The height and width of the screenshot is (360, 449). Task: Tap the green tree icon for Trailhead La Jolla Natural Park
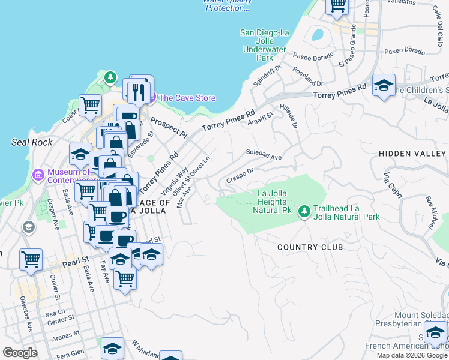[304, 211]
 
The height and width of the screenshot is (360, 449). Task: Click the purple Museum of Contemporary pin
[38, 175]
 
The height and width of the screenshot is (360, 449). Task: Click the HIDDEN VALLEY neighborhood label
[413, 154]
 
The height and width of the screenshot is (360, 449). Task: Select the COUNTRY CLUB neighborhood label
[310, 247]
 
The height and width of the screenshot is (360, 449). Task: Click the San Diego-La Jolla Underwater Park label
[265, 45]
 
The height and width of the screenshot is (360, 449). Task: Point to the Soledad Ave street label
[264, 154]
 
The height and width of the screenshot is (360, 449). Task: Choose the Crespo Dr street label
[240, 174]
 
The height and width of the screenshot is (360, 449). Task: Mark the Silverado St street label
[141, 142]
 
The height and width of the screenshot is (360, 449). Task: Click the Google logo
[20, 353]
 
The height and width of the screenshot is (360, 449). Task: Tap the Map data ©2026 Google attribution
[411, 355]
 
